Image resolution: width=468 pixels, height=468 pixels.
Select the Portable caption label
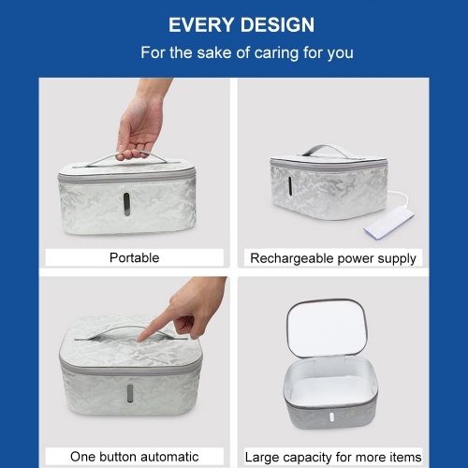point(135,257)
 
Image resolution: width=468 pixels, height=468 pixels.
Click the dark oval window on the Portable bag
point(126,204)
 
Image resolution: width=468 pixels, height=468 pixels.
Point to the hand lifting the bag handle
point(141,122)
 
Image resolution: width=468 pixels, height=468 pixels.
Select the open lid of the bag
point(327,327)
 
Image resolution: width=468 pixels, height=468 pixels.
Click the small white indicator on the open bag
point(331,417)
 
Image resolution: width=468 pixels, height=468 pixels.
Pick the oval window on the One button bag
point(129,393)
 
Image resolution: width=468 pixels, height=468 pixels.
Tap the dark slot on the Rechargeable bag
point(290,186)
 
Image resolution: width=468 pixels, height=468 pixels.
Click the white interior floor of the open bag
point(329,388)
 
